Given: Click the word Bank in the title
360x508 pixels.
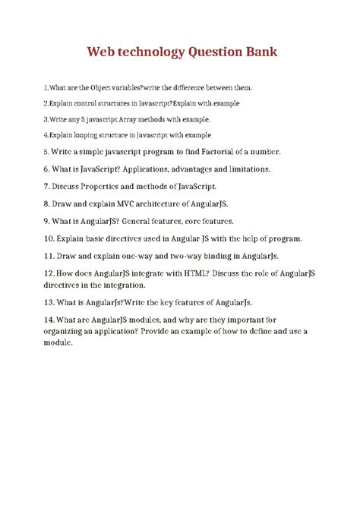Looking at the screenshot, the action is pyautogui.click(x=257, y=52).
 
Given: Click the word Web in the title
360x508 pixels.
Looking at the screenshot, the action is pyautogui.click(x=103, y=52).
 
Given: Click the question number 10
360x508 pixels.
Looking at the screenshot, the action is pyautogui.click(x=49, y=238).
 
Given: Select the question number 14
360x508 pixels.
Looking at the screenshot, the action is pyautogui.click(x=49, y=319).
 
